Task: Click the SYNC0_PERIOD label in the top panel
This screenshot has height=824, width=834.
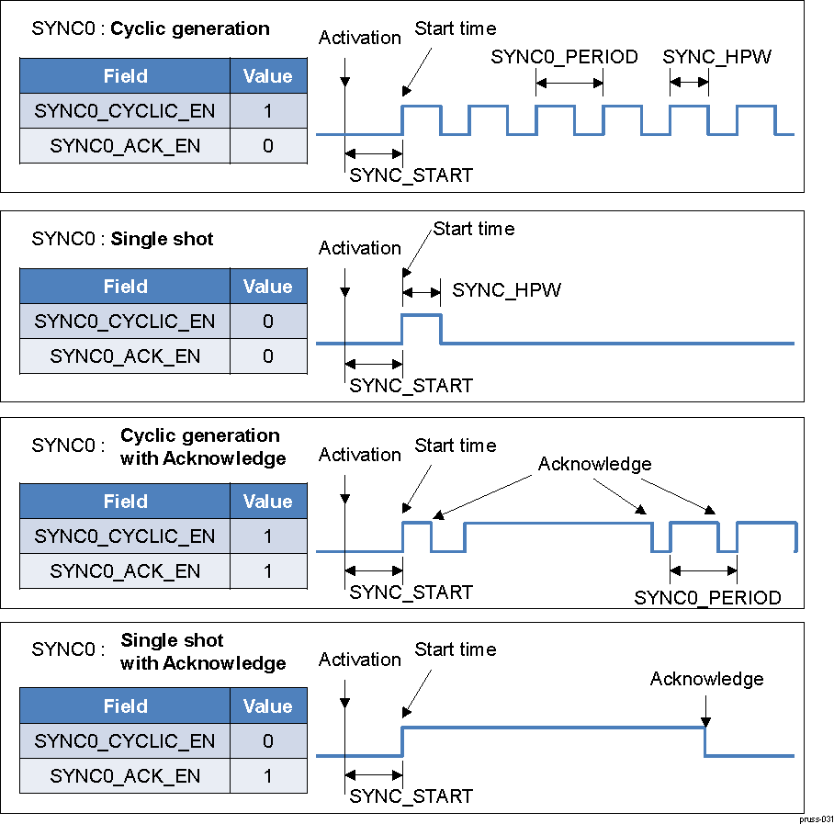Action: (x=564, y=57)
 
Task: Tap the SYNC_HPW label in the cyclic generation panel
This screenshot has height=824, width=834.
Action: (x=716, y=57)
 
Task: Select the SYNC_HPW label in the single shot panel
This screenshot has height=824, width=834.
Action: (x=506, y=290)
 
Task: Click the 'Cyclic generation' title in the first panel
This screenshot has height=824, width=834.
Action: (x=190, y=28)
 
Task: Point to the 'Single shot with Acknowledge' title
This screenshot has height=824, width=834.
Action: (x=203, y=651)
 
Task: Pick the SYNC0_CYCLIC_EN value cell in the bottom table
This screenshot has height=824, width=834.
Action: (x=267, y=741)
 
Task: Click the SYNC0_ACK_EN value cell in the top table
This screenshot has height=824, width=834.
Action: (x=267, y=145)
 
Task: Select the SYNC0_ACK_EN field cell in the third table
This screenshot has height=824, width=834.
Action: (x=125, y=570)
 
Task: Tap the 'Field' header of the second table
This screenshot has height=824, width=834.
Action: (x=125, y=287)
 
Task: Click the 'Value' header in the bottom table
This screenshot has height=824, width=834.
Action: (x=267, y=706)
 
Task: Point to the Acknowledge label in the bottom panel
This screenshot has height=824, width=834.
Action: (x=706, y=679)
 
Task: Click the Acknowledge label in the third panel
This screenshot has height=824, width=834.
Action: (x=594, y=464)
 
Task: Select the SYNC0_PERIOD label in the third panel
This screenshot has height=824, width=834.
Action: (x=707, y=598)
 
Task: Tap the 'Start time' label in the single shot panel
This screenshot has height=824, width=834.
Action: (x=474, y=228)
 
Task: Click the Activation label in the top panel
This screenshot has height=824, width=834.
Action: (x=360, y=38)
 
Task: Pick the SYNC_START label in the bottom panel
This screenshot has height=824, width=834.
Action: (x=411, y=796)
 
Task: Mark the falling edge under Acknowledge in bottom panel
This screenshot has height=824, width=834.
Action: (x=704, y=741)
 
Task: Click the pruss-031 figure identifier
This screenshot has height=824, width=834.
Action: (x=815, y=818)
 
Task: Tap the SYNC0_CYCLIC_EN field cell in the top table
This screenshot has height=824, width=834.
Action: (x=125, y=111)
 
